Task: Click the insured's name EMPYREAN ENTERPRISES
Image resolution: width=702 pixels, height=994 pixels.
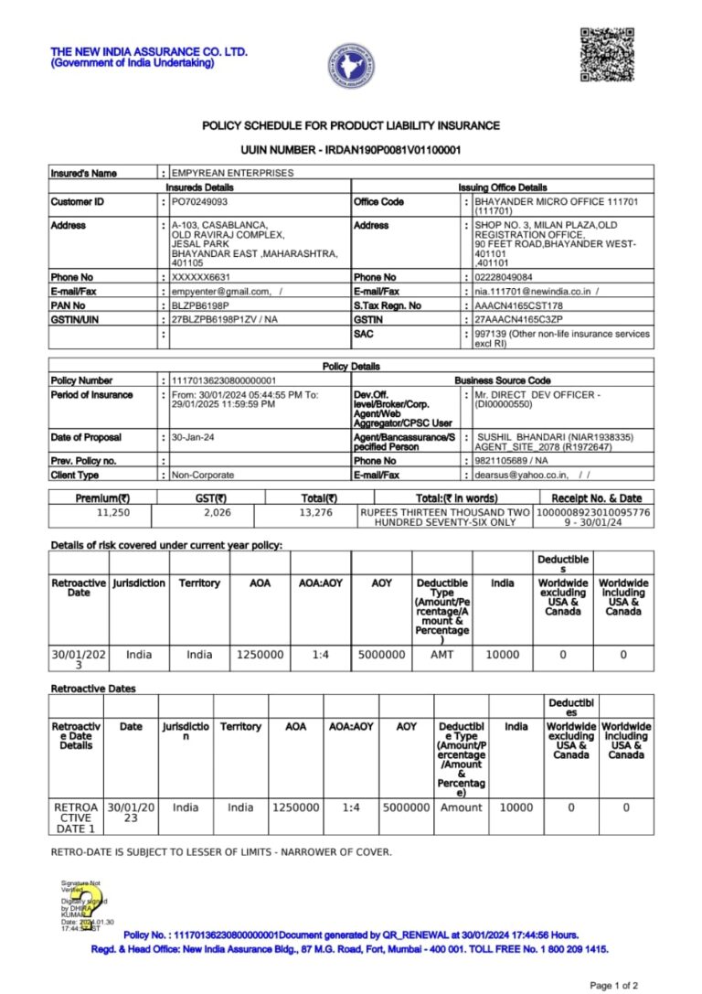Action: point(233,172)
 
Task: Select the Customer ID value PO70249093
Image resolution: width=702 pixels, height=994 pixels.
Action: point(200,201)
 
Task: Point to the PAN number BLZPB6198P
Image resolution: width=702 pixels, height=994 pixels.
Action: point(200,305)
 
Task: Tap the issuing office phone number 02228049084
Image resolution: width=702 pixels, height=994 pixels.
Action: point(504,277)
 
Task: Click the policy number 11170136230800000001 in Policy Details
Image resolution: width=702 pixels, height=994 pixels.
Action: point(224,380)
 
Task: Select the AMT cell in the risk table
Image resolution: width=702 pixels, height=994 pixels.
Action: point(441,655)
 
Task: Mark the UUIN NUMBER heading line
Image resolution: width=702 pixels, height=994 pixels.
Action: point(351,149)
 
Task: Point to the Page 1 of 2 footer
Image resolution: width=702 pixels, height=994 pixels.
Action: point(614,985)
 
